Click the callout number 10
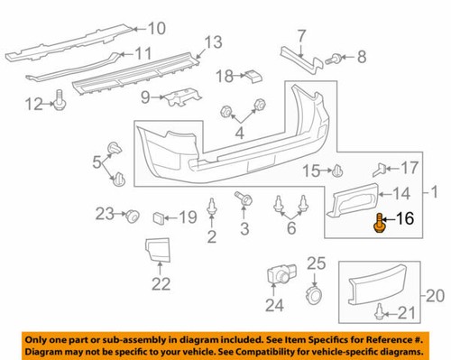tap(157, 27)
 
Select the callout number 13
tap(212, 42)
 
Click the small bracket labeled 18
tap(253, 75)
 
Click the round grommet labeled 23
tap(132, 215)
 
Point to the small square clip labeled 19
tap(159, 217)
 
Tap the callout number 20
tap(435, 294)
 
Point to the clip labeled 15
tap(336, 170)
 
